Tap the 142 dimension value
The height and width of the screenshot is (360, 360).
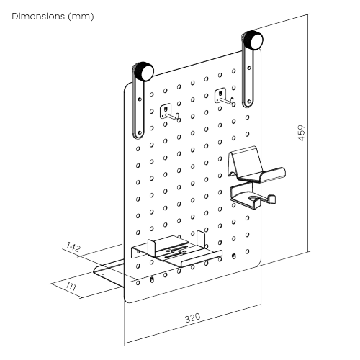point(72,247)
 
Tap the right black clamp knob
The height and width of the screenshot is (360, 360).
point(254,38)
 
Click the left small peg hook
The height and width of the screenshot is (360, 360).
point(168,113)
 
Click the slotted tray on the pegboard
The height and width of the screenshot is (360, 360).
point(176,252)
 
